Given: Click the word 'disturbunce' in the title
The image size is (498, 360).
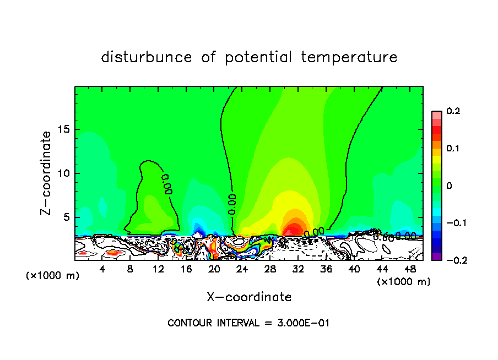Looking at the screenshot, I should point(147,57).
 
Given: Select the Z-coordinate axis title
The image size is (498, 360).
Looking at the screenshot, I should point(47,172).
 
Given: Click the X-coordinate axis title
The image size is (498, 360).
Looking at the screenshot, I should point(249,297).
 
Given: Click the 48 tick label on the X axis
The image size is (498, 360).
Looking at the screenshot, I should point(409,269).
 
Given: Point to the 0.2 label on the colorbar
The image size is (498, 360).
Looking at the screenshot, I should point(453,112).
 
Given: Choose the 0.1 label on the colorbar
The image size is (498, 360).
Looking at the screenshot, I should point(453,149).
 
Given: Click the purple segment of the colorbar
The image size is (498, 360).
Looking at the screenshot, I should point(437,256).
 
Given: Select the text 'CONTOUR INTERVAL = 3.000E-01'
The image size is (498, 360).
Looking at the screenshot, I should point(248,323).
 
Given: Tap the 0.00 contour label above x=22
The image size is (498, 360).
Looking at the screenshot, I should point(232,203).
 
